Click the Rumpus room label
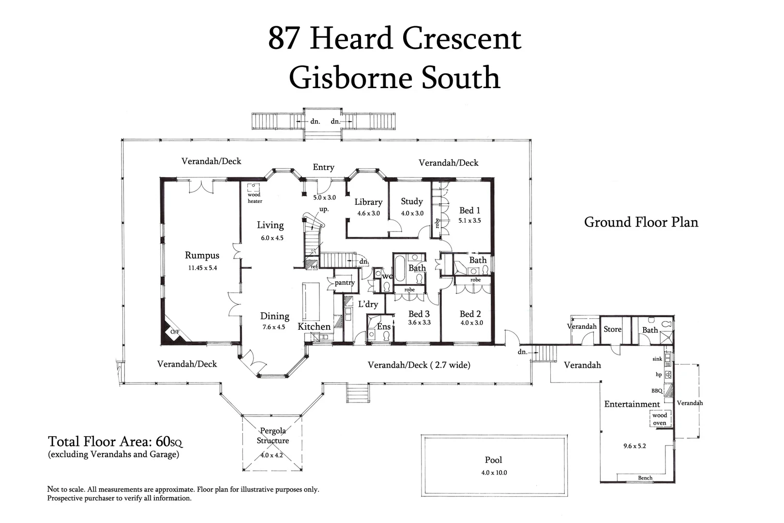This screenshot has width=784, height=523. coord(202,256)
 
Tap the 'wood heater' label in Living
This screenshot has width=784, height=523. coord(255,198)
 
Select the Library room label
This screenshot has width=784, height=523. coord(368,202)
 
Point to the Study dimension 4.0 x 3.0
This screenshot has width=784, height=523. coord(412,213)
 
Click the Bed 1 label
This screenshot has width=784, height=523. coord(469,210)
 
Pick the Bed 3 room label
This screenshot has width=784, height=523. coord(419,314)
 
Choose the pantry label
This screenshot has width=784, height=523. coord(345,282)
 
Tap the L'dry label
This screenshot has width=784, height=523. coord(368,304)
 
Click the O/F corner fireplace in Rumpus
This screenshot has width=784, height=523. coord(175,332)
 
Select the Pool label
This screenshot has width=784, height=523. coord(493,460)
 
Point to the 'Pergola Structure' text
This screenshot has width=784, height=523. coord(272,435)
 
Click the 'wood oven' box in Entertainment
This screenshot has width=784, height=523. coord(659,419)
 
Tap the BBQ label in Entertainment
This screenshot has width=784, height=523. coord(657,391)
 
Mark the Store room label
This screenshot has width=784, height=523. coord(612,329)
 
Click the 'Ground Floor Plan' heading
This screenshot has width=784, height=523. coord(641,222)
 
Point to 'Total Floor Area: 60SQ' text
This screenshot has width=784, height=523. coord(115,442)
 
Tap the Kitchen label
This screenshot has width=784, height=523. coord(314,326)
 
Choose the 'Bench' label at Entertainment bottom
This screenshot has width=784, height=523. coord(645,478)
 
